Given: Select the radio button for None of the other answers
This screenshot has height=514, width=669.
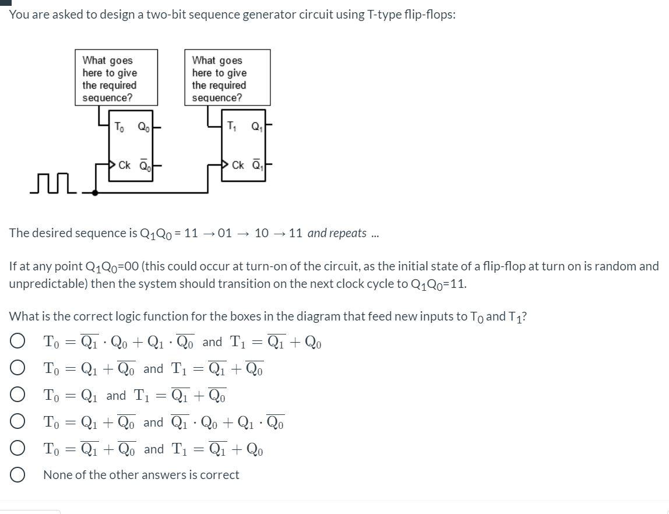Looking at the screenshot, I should click(x=17, y=475).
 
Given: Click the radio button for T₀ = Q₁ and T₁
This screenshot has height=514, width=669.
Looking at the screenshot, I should click(x=17, y=396).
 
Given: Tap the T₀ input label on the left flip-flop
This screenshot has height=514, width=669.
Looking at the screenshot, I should click(x=119, y=126).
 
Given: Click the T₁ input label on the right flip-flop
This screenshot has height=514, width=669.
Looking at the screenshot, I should click(x=231, y=126).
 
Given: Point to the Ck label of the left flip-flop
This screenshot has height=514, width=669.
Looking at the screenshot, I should click(x=124, y=165).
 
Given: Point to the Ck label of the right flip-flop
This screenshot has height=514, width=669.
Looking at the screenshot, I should click(x=238, y=165).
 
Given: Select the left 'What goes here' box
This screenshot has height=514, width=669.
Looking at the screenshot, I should click(x=116, y=78).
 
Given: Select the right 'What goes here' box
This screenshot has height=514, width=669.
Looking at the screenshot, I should click(x=227, y=78).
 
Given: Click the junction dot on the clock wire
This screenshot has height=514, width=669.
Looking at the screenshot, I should click(x=94, y=192).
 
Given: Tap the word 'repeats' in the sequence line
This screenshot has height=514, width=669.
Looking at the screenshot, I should click(x=348, y=233).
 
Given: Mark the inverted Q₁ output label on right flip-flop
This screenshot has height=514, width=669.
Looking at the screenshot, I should click(x=257, y=165).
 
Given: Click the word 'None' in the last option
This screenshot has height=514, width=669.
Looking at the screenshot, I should click(x=58, y=475).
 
